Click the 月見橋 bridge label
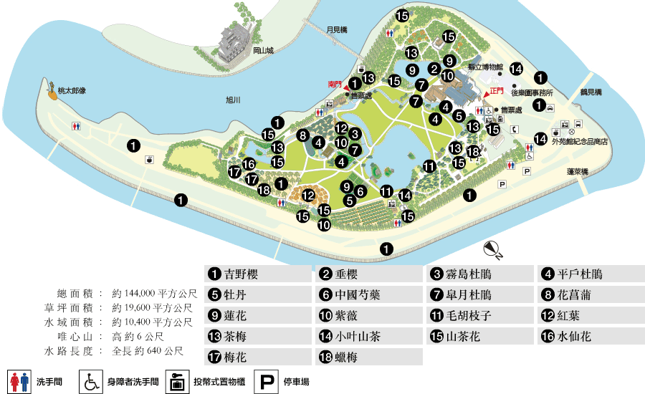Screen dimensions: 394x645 pyautogui.click(x=336, y=29)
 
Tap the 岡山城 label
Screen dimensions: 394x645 pyautogui.click(x=264, y=50)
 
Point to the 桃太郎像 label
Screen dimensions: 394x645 pyautogui.click(x=72, y=90)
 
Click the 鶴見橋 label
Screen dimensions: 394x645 pyautogui.click(x=591, y=92)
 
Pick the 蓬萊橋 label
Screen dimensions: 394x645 pyautogui.click(x=577, y=172)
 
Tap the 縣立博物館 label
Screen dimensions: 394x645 pyautogui.click(x=485, y=66)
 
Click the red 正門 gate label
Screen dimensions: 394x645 pyautogui.click(x=497, y=91)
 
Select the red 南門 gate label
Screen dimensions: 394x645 pyautogui.click(x=335, y=84)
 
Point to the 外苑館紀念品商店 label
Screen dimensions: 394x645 pyautogui.click(x=580, y=141)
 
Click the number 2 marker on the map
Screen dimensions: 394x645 pyautogui.click(x=434, y=69)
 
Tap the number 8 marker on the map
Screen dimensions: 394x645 pyautogui.click(x=303, y=135)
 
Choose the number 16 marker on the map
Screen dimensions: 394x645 pyautogui.click(x=249, y=164)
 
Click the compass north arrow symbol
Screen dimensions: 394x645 pyautogui.click(x=492, y=249)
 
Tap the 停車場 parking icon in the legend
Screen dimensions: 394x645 pyautogui.click(x=267, y=383)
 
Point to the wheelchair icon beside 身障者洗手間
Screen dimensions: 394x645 pyautogui.click(x=90, y=383)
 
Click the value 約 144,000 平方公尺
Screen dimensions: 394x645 pyautogui.click(x=154, y=293)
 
